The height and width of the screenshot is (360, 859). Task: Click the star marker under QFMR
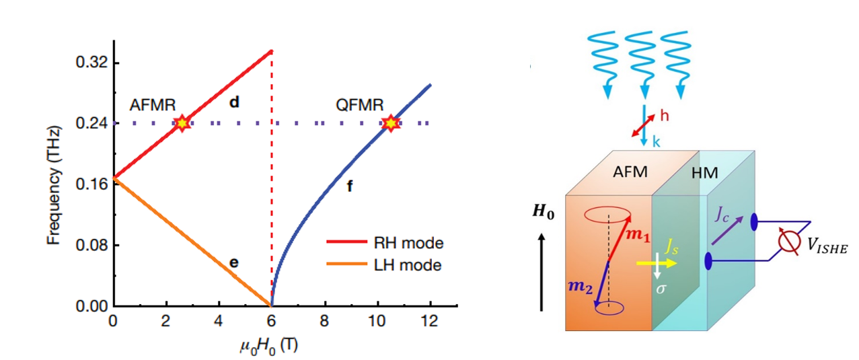pyautogui.click(x=390, y=123)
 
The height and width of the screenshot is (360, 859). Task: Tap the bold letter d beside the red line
pyautogui.click(x=235, y=103)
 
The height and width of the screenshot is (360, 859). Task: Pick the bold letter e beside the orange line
pyautogui.click(x=233, y=262)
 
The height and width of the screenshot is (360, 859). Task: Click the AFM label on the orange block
pyautogui.click(x=630, y=172)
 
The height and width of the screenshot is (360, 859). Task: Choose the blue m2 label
pyautogui.click(x=581, y=287)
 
